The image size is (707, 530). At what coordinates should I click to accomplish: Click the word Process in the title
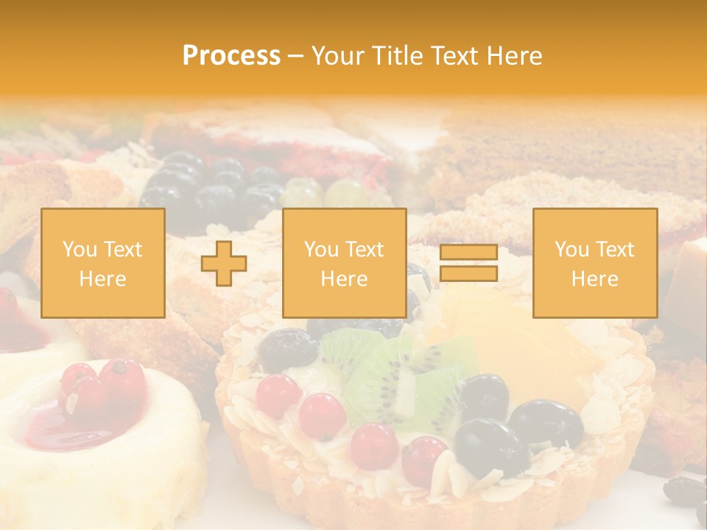tap(231, 56)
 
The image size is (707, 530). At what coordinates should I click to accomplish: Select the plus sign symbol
tap(224, 263)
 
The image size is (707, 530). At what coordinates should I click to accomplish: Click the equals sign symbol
tap(468, 263)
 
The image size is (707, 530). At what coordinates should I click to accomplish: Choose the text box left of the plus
tap(102, 263)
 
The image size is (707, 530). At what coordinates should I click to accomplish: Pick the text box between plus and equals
tap(344, 263)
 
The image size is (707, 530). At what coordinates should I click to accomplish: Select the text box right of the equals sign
tap(594, 263)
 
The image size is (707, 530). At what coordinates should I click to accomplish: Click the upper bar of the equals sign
tap(468, 252)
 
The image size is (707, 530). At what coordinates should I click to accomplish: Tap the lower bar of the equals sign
tap(468, 273)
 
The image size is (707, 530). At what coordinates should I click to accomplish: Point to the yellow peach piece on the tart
tap(516, 346)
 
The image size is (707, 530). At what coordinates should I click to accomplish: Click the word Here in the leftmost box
tap(102, 278)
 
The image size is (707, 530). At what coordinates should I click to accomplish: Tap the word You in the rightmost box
tap(571, 250)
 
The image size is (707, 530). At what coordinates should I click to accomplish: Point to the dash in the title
tap(295, 56)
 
